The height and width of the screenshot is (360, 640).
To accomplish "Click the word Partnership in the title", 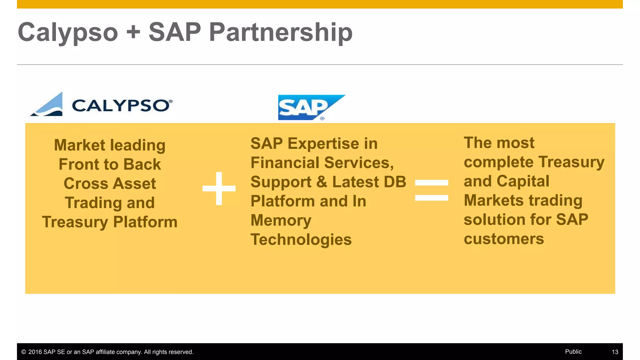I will (x=280, y=32).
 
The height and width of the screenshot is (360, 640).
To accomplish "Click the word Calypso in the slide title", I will (x=68, y=32).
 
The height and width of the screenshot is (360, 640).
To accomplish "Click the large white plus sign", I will (x=219, y=188).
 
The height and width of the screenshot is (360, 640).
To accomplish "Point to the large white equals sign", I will (x=431, y=190).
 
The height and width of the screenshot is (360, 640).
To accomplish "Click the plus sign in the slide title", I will (x=133, y=32).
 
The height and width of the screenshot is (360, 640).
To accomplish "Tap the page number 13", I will (x=615, y=352).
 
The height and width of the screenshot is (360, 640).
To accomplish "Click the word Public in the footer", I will (x=573, y=352).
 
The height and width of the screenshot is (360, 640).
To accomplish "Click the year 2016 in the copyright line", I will (x=35, y=352).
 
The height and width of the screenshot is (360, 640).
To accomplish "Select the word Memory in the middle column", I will (x=281, y=220).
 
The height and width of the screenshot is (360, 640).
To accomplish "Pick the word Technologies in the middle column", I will (x=301, y=240).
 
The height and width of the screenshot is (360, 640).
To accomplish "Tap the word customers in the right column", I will (x=503, y=239).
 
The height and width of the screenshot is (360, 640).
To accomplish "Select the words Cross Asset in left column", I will (x=110, y=183).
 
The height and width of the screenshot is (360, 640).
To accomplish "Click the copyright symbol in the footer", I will (x=23, y=352).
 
